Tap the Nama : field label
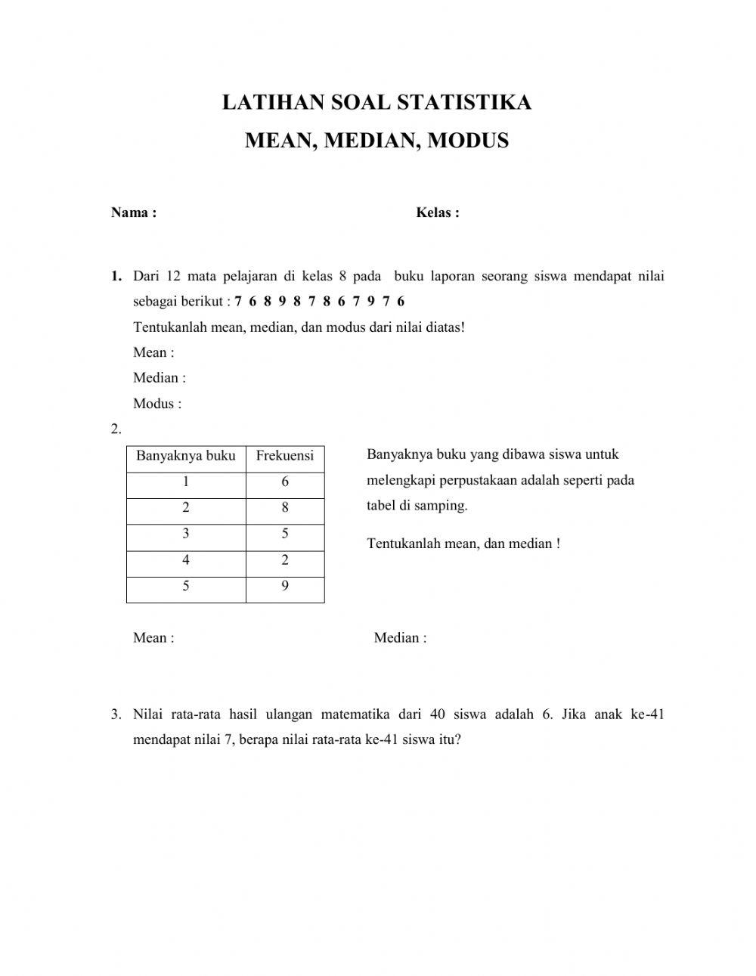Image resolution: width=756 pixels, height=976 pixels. [134, 212]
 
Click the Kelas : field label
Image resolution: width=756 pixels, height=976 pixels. [438, 212]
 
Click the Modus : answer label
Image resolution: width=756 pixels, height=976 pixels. [157, 404]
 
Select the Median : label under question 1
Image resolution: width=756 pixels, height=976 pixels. [160, 378]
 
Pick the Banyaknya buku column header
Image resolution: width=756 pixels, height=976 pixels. [186, 456]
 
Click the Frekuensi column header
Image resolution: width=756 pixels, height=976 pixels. [285, 456]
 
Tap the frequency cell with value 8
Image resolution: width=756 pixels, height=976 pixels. [285, 508]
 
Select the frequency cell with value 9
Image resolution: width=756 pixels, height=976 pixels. [285, 586]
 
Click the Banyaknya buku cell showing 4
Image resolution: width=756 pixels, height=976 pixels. [186, 560]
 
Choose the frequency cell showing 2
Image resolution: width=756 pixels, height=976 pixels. [285, 560]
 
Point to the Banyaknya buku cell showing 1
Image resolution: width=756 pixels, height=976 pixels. [186, 482]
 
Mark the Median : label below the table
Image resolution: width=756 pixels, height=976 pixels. [400, 638]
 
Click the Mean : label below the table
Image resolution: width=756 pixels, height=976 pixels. [153, 638]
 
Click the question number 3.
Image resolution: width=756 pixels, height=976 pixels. [116, 714]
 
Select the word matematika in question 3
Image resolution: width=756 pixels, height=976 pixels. [355, 714]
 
